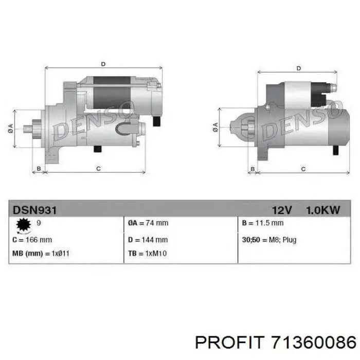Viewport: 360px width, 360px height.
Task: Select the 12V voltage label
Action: click(282, 210)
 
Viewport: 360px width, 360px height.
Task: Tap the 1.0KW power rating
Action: click(322, 210)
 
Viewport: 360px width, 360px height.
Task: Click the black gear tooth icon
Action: click(23, 224)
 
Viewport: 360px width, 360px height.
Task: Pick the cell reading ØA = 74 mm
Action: click(148, 223)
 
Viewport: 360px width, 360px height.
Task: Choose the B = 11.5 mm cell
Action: click(262, 223)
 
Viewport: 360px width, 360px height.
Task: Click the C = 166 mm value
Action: click(32, 240)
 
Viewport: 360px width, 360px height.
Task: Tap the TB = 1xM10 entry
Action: click(147, 254)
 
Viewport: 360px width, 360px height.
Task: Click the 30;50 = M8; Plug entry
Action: click(268, 240)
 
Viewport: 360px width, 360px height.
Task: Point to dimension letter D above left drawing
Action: click(103, 64)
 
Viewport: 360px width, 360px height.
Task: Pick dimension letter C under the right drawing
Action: click(303, 169)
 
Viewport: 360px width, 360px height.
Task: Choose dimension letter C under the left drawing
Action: click(98, 169)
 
